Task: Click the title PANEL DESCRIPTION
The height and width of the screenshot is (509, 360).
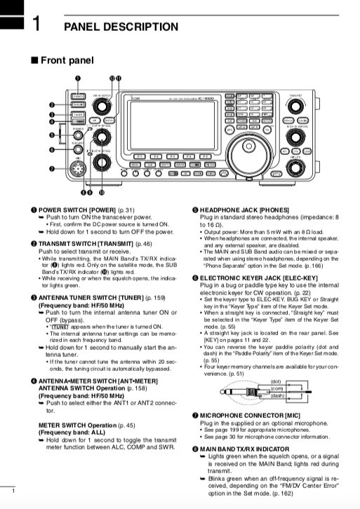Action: tap(121, 27)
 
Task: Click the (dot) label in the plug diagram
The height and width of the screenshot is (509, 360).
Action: tap(276, 381)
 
